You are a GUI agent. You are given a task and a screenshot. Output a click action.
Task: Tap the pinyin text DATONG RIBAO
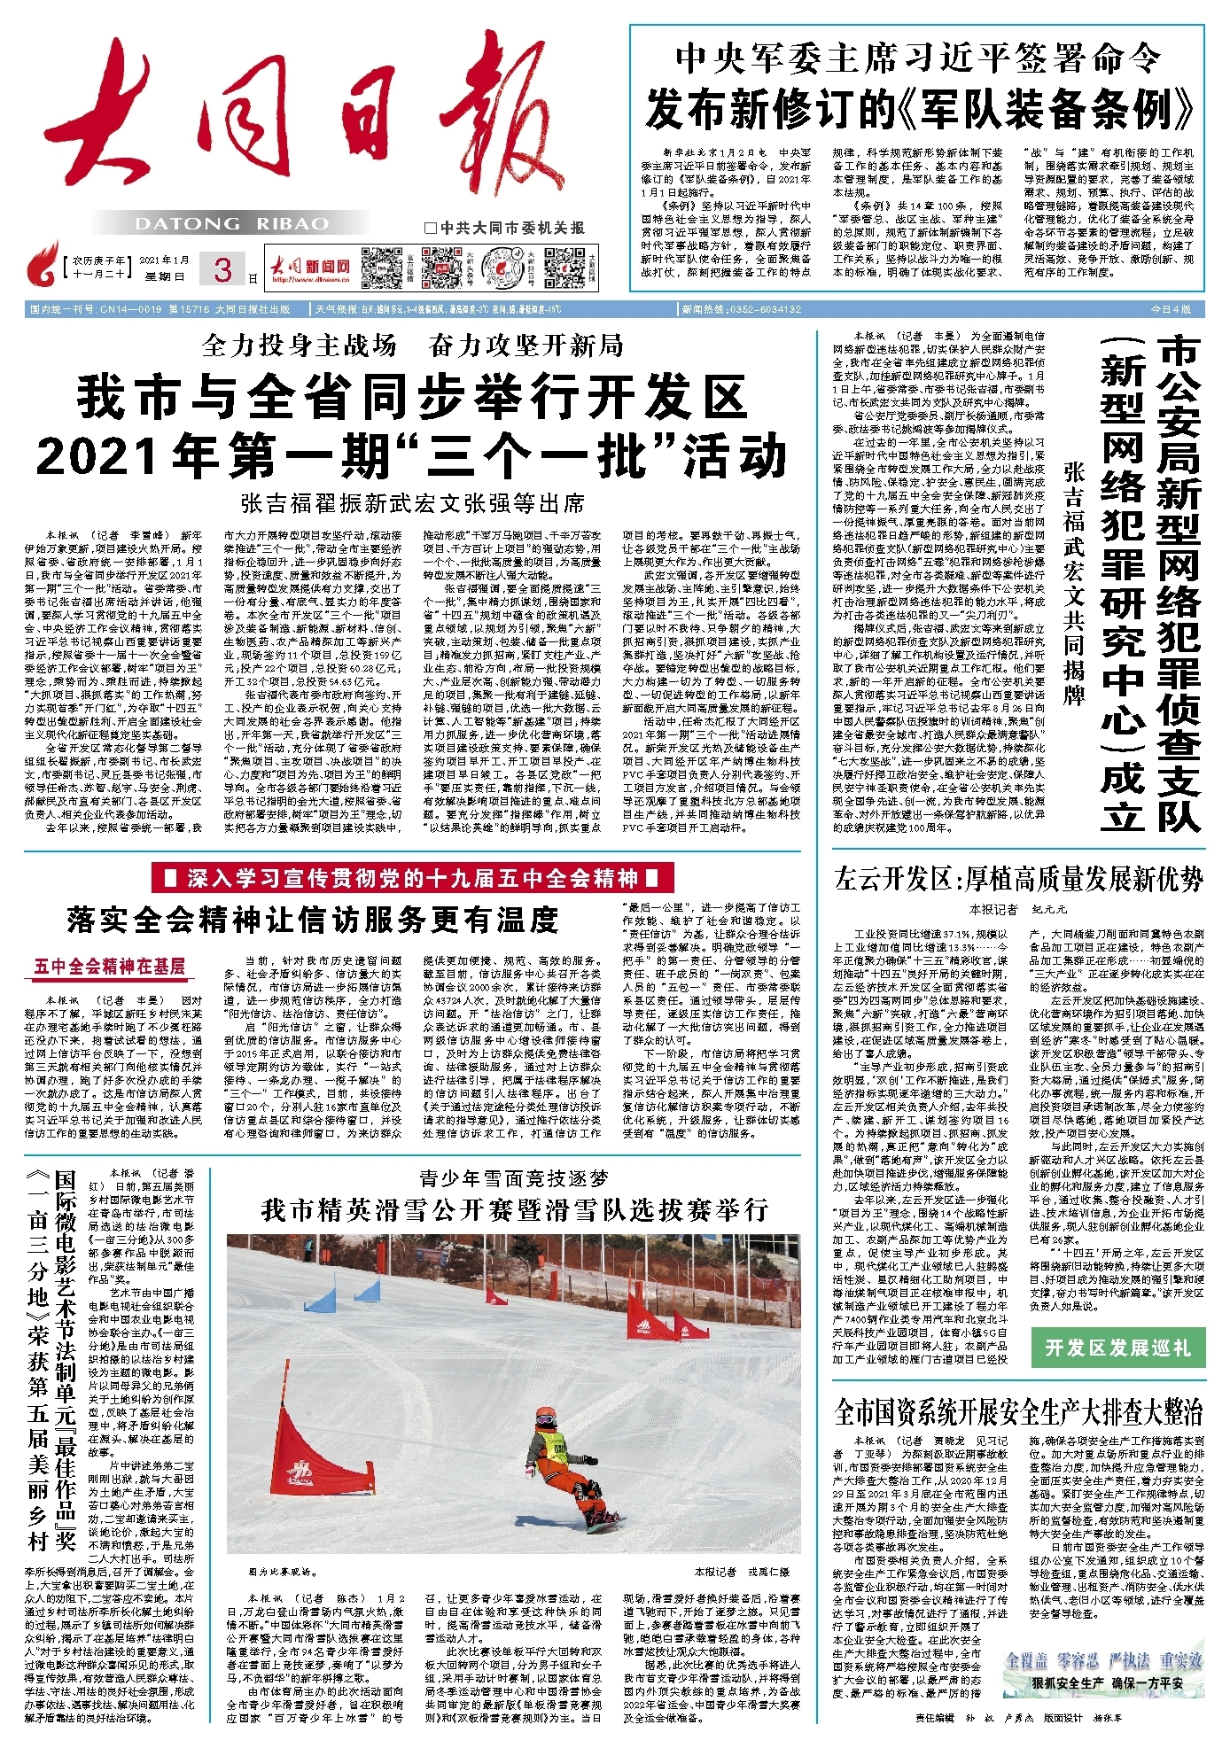coord(231,224)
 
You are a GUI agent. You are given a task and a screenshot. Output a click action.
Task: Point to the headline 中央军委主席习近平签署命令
coord(918,58)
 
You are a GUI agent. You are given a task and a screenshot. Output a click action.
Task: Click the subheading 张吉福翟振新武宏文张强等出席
coord(413,503)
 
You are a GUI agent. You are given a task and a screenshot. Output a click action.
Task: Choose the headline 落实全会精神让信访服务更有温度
coord(313,920)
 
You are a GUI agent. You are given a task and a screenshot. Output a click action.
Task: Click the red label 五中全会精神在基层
coord(110,966)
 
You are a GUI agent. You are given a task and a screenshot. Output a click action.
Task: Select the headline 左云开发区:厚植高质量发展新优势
coord(1018,879)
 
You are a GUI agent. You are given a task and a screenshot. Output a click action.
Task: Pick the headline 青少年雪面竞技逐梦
coord(514,1177)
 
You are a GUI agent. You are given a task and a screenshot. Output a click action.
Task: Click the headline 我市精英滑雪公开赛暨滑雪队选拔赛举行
coord(514,1210)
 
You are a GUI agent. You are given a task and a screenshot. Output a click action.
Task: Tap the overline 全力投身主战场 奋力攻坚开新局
coord(413,346)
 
